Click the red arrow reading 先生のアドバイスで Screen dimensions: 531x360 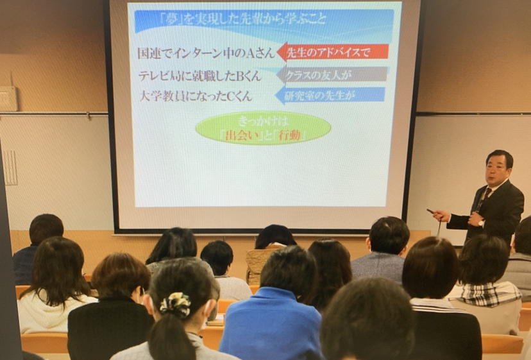pos(333,52)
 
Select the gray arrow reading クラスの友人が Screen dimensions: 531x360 pos(332,74)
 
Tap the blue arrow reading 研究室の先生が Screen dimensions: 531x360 pos(330,96)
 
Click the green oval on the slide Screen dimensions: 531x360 pos(263,128)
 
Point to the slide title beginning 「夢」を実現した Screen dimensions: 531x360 pos(243,19)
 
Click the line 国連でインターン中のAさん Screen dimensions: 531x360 pos(206,53)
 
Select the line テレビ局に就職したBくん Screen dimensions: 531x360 pos(200,76)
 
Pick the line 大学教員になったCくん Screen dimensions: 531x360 pos(196,96)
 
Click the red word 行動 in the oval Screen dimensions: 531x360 pos(289,135)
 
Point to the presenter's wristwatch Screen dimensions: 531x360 pos(481,223)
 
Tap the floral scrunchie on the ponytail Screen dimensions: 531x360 pos(176,304)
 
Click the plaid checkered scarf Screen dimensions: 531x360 pos(489,293)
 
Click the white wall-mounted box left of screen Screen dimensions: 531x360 pos(8,99)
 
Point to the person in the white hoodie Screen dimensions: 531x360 pos(54,288)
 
